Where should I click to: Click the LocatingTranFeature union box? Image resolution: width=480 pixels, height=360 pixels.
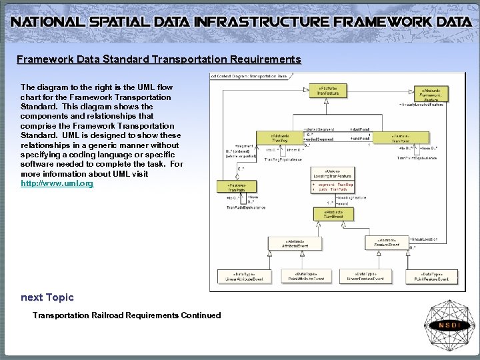(x=331, y=179)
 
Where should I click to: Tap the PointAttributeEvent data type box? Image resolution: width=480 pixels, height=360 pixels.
(x=302, y=276)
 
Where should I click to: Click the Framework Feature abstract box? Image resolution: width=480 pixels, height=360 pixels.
(x=434, y=94)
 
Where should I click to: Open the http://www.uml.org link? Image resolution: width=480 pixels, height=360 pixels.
(x=57, y=183)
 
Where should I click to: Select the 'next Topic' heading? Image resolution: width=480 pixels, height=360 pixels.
(x=47, y=297)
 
